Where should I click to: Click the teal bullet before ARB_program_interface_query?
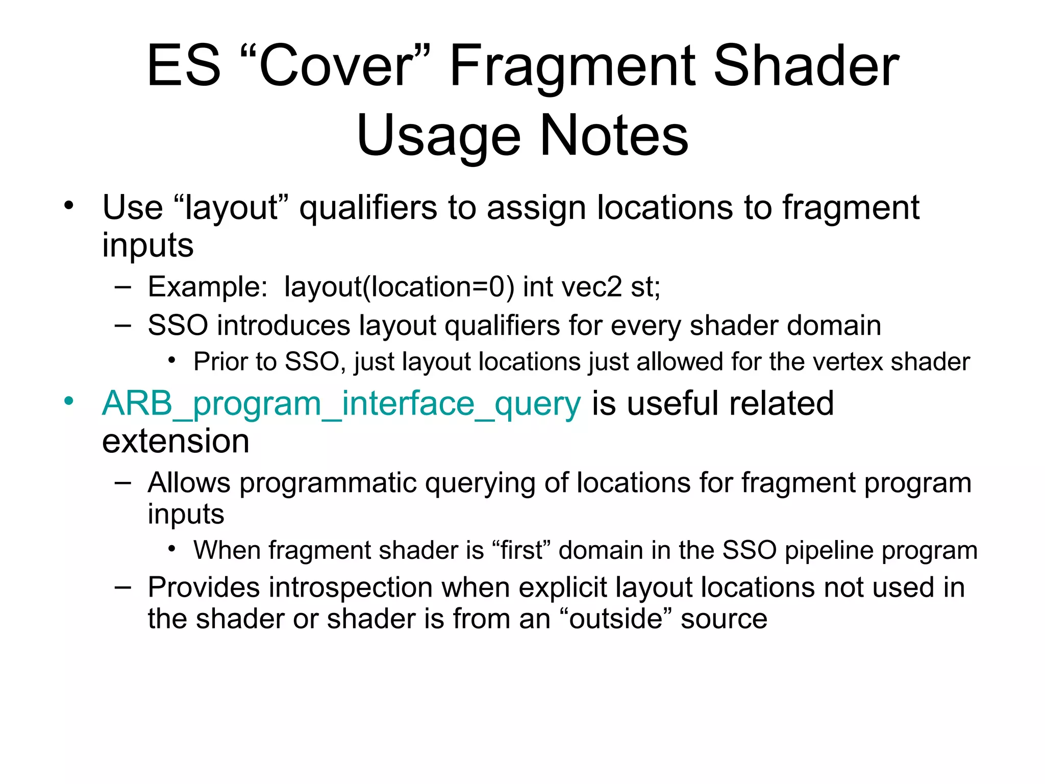pyautogui.click(x=69, y=401)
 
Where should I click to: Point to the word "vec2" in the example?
pyautogui.click(x=591, y=287)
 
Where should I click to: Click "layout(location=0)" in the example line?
pyautogui.click(x=399, y=287)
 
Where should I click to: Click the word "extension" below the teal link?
pyautogui.click(x=176, y=442)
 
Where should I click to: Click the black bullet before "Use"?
pyautogui.click(x=69, y=206)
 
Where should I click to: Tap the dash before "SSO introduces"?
pyautogui.click(x=123, y=325)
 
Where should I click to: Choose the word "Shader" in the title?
pyautogui.click(x=806, y=66)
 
